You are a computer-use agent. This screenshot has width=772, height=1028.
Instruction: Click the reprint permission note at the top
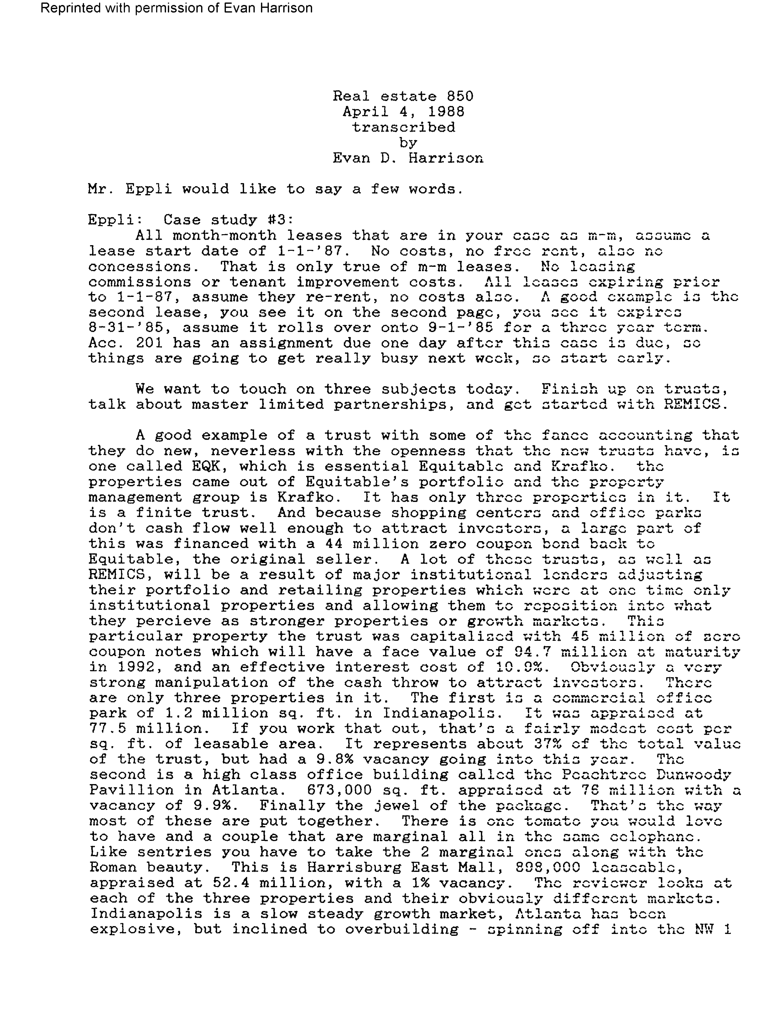[177, 8]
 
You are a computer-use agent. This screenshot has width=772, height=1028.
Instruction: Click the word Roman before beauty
[113, 867]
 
